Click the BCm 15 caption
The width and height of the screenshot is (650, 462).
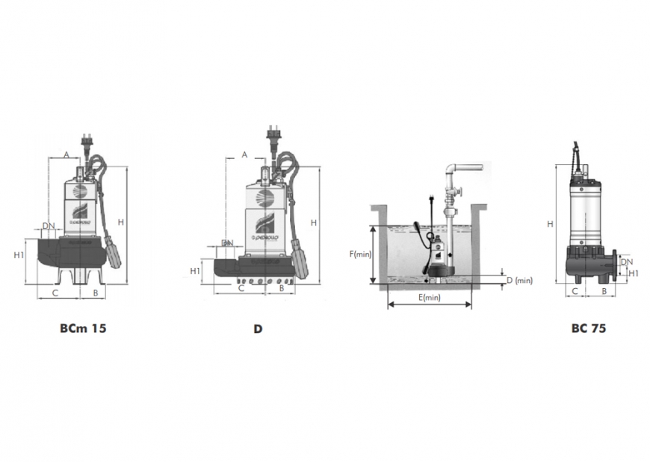click(83, 328)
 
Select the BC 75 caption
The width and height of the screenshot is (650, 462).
click(588, 328)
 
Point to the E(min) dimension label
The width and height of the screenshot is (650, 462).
click(429, 298)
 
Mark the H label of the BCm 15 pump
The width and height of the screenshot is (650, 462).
click(120, 222)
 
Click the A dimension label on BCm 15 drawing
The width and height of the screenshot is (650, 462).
click(66, 154)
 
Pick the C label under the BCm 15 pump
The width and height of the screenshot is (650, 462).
click(55, 293)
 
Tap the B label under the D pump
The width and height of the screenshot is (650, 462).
click(281, 287)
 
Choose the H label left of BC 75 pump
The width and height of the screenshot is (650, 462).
click(550, 223)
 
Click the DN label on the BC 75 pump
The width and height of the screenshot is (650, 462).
click(628, 262)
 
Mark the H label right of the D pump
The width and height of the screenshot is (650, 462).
click(314, 222)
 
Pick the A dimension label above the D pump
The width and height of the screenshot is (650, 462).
click(244, 154)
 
